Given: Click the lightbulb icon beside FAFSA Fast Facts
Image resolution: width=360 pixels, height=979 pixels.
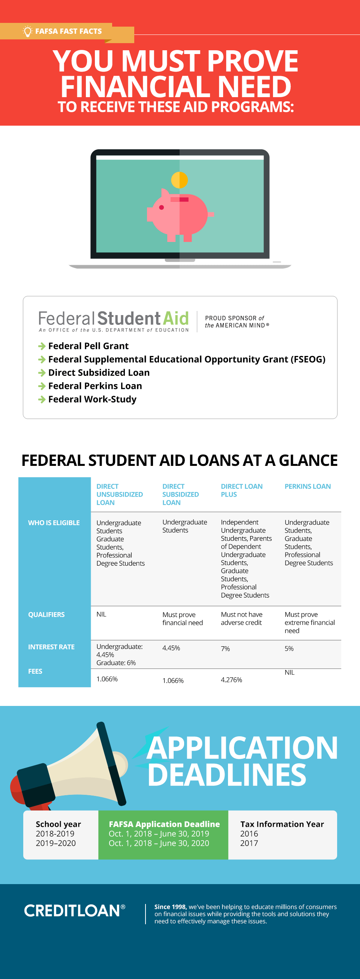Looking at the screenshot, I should pyautogui.click(x=27, y=31).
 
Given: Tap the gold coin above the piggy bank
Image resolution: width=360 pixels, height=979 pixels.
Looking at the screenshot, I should pyautogui.click(x=179, y=180).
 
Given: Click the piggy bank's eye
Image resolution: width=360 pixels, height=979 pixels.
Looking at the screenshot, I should pyautogui.click(x=162, y=207).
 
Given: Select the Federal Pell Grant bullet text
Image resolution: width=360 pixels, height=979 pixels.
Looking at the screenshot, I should pyautogui.click(x=88, y=346).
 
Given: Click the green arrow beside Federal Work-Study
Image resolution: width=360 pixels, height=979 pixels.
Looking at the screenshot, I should pyautogui.click(x=42, y=399).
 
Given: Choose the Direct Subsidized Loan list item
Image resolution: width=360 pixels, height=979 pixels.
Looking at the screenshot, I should pyautogui.click(x=99, y=372).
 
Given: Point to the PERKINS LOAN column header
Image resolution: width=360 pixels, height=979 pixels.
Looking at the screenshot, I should pyautogui.click(x=307, y=486).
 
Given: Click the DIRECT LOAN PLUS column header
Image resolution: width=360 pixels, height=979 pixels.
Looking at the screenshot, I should pyautogui.click(x=241, y=490).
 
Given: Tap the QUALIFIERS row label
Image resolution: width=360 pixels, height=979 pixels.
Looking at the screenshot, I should pyautogui.click(x=46, y=614).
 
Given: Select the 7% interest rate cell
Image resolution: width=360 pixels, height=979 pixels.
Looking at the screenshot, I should pyautogui.click(x=225, y=649).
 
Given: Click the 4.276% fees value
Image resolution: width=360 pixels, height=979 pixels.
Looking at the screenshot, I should pyautogui.click(x=231, y=680).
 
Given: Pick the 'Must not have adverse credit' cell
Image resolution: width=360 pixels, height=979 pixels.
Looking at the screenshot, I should pyautogui.click(x=241, y=618).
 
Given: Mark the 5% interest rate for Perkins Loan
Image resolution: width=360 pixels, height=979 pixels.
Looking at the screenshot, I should pyautogui.click(x=289, y=649).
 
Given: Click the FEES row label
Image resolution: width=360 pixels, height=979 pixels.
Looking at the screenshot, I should pyautogui.click(x=35, y=671).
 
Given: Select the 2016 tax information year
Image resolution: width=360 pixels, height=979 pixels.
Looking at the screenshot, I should pyautogui.click(x=249, y=833).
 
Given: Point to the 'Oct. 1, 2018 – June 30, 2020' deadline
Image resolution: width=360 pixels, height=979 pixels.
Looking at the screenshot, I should pyautogui.click(x=159, y=843).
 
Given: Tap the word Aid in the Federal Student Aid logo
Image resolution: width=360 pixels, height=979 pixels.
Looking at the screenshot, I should pyautogui.click(x=176, y=318).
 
